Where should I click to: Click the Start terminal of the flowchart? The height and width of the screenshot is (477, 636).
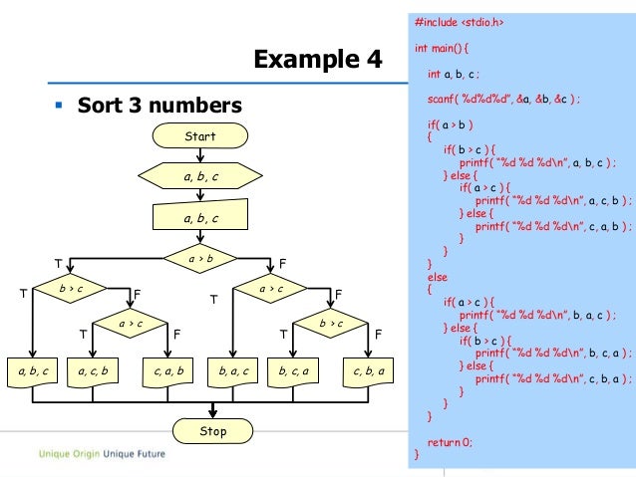click(200, 135)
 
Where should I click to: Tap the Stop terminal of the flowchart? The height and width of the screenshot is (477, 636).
click(212, 431)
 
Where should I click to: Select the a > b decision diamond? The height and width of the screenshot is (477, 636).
click(201, 259)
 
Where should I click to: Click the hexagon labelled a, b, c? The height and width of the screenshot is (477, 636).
click(200, 176)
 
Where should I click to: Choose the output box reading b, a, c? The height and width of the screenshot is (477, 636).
click(232, 371)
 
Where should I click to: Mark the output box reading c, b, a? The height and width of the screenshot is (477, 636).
click(368, 371)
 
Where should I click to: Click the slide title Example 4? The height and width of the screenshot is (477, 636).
click(318, 60)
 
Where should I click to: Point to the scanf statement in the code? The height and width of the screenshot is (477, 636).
click(503, 101)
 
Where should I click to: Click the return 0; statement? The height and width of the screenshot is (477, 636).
click(450, 441)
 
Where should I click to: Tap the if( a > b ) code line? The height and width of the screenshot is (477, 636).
click(450, 126)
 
